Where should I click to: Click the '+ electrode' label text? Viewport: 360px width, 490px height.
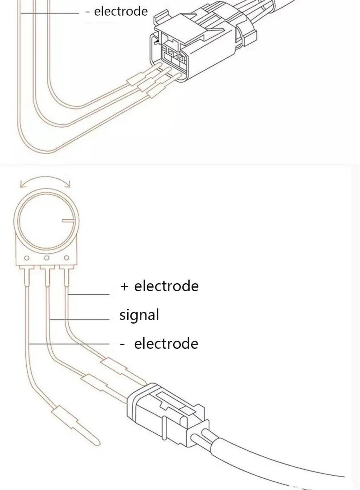click(160, 286)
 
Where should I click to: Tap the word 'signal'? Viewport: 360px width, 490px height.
click(139, 315)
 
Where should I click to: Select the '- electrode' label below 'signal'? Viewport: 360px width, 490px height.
click(160, 344)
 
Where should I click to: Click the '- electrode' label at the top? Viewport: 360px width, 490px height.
click(117, 11)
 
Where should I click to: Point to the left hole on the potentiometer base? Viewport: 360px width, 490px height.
click(27, 258)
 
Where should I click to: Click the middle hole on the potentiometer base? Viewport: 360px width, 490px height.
click(46, 258)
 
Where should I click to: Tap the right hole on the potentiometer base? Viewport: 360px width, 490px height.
click(67, 258)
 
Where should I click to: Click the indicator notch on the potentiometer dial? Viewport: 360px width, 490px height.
click(68, 220)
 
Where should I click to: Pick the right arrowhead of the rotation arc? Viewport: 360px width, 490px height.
click(68, 184)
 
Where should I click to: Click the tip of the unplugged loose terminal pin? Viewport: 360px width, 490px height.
click(99, 444)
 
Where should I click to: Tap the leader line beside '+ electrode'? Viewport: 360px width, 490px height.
click(89, 294)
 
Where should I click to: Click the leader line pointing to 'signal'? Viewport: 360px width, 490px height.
click(80, 320)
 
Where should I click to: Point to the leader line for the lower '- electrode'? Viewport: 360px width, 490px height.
click(69, 344)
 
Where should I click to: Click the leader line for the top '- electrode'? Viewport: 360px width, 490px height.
click(50, 13)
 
